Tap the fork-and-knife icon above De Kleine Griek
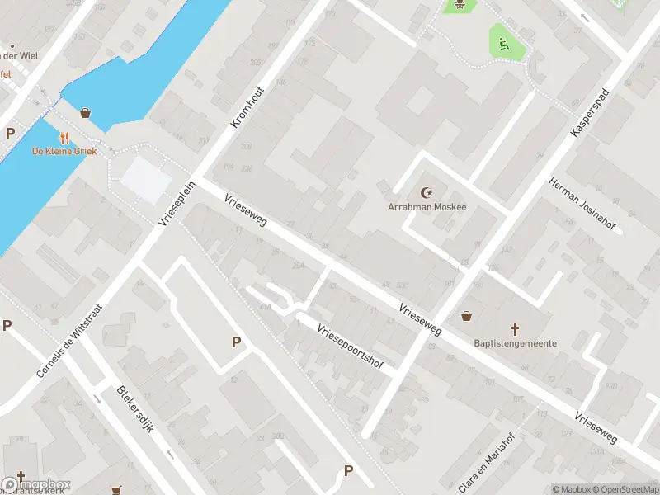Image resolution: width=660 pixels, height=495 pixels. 64,138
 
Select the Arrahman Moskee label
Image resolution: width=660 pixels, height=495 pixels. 427,207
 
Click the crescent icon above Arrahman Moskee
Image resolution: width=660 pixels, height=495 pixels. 427,193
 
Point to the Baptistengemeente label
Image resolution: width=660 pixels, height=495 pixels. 515,343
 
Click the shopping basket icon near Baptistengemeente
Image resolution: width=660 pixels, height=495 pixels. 467,316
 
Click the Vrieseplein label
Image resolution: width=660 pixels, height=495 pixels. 176,204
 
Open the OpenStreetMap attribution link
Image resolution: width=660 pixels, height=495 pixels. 626,489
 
